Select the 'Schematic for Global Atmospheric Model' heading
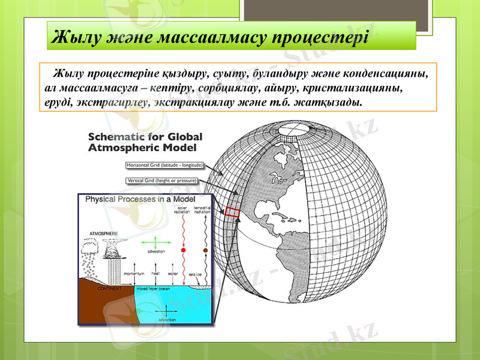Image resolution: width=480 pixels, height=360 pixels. [145, 141]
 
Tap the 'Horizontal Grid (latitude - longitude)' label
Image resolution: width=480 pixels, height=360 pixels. [165, 165]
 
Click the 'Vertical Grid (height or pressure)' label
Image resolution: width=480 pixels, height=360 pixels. [162, 180]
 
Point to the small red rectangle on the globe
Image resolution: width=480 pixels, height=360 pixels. [232, 212]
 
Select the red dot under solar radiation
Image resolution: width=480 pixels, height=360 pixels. [183, 250]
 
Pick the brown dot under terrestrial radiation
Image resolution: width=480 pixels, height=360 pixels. [205, 250]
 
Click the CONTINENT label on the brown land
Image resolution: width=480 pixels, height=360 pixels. [109, 288]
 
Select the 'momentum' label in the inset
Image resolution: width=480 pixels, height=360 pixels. [133, 274]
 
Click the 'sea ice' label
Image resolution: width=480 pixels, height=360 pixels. [195, 274]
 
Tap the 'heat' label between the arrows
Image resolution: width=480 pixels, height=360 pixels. [155, 274]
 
